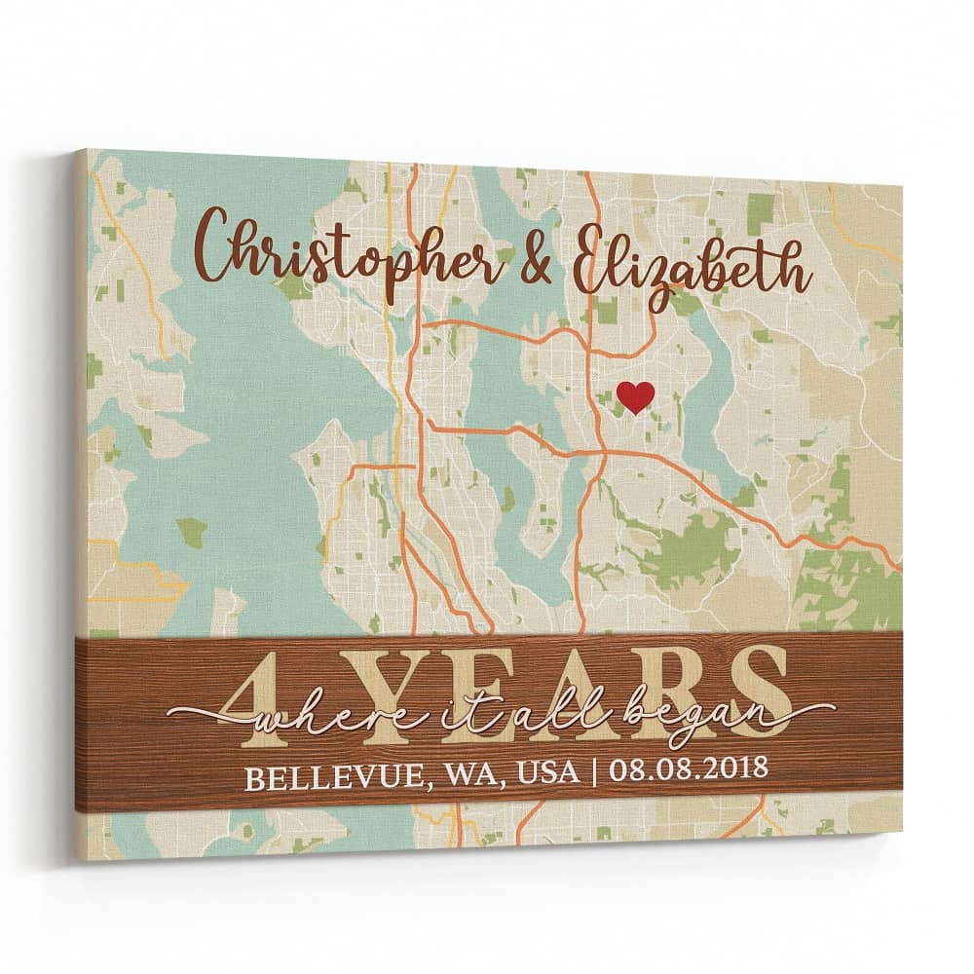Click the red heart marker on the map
[x=636, y=396]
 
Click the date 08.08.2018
[x=688, y=769]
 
